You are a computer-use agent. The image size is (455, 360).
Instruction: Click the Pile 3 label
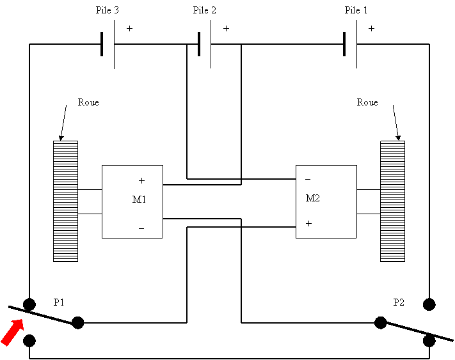click(108, 10)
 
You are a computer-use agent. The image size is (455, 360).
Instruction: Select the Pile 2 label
click(204, 10)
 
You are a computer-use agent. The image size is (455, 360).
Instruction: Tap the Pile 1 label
click(356, 10)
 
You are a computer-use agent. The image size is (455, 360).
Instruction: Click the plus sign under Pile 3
click(129, 29)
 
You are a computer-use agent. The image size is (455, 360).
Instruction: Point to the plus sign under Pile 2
click(226, 29)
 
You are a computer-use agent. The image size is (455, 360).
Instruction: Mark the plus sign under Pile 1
click(371, 29)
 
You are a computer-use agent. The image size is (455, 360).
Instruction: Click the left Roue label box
click(99, 107)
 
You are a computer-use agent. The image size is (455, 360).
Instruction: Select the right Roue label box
click(368, 107)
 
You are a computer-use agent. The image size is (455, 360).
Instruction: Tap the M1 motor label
click(139, 200)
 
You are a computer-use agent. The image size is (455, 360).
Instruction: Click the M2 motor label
click(312, 198)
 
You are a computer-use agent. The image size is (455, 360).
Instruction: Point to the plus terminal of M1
click(141, 181)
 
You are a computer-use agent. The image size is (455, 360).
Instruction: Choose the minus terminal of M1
click(141, 228)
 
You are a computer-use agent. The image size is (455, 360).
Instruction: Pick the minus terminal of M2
click(308, 180)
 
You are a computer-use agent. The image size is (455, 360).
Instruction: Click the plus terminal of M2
click(308, 224)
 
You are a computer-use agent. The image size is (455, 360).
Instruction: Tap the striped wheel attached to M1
click(65, 201)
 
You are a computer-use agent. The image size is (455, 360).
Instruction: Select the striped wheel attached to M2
click(392, 201)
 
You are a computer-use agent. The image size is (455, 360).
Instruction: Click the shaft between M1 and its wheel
click(90, 202)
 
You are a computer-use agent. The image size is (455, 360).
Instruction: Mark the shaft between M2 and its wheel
click(368, 202)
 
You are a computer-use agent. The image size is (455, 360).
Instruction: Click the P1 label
click(59, 302)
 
